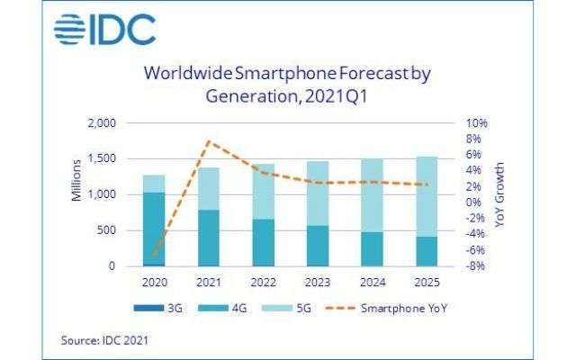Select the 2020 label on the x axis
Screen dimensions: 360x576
pyautogui.click(x=154, y=283)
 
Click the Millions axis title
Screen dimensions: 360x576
pyautogui.click(x=77, y=179)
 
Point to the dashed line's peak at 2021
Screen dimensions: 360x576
pyautogui.click(x=208, y=141)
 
